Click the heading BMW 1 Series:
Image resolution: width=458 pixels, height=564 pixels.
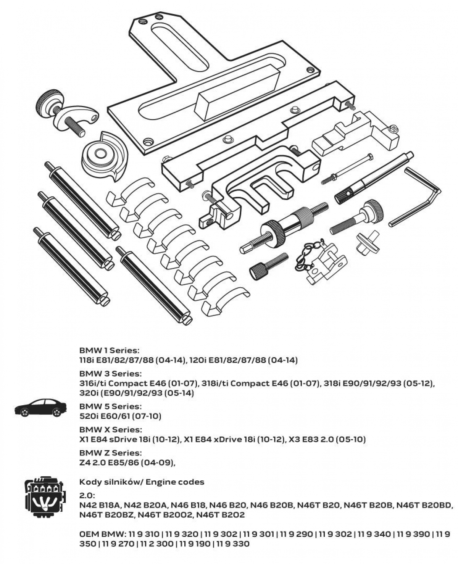110,350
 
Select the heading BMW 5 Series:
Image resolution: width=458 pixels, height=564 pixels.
110,406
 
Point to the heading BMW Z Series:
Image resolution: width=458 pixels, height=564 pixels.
110,453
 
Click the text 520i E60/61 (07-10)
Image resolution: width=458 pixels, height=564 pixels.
120,416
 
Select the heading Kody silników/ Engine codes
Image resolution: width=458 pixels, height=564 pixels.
142,482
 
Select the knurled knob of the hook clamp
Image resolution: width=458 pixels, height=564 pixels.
48,102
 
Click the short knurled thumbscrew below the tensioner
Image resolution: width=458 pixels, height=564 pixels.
267,266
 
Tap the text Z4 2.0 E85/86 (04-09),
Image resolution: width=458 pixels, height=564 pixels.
127,462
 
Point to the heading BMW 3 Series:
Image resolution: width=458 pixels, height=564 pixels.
110,373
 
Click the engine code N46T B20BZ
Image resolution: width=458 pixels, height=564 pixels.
106,515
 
